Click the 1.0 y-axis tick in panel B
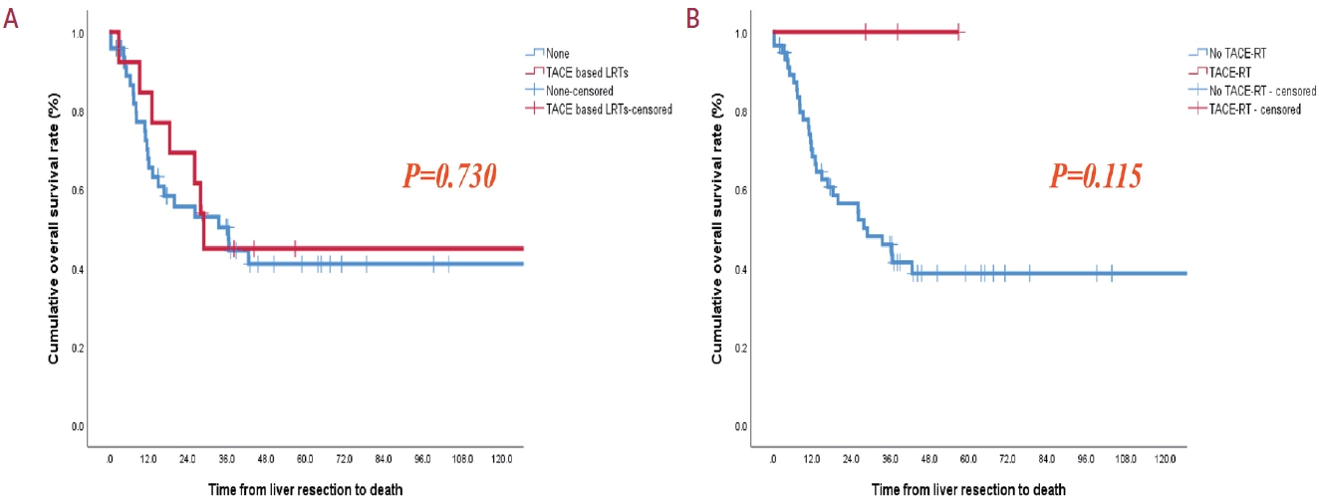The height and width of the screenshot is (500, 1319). [741, 34]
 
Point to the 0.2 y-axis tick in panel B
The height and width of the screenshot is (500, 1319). [741, 348]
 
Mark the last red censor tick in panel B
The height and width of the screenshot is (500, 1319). [957, 32]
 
